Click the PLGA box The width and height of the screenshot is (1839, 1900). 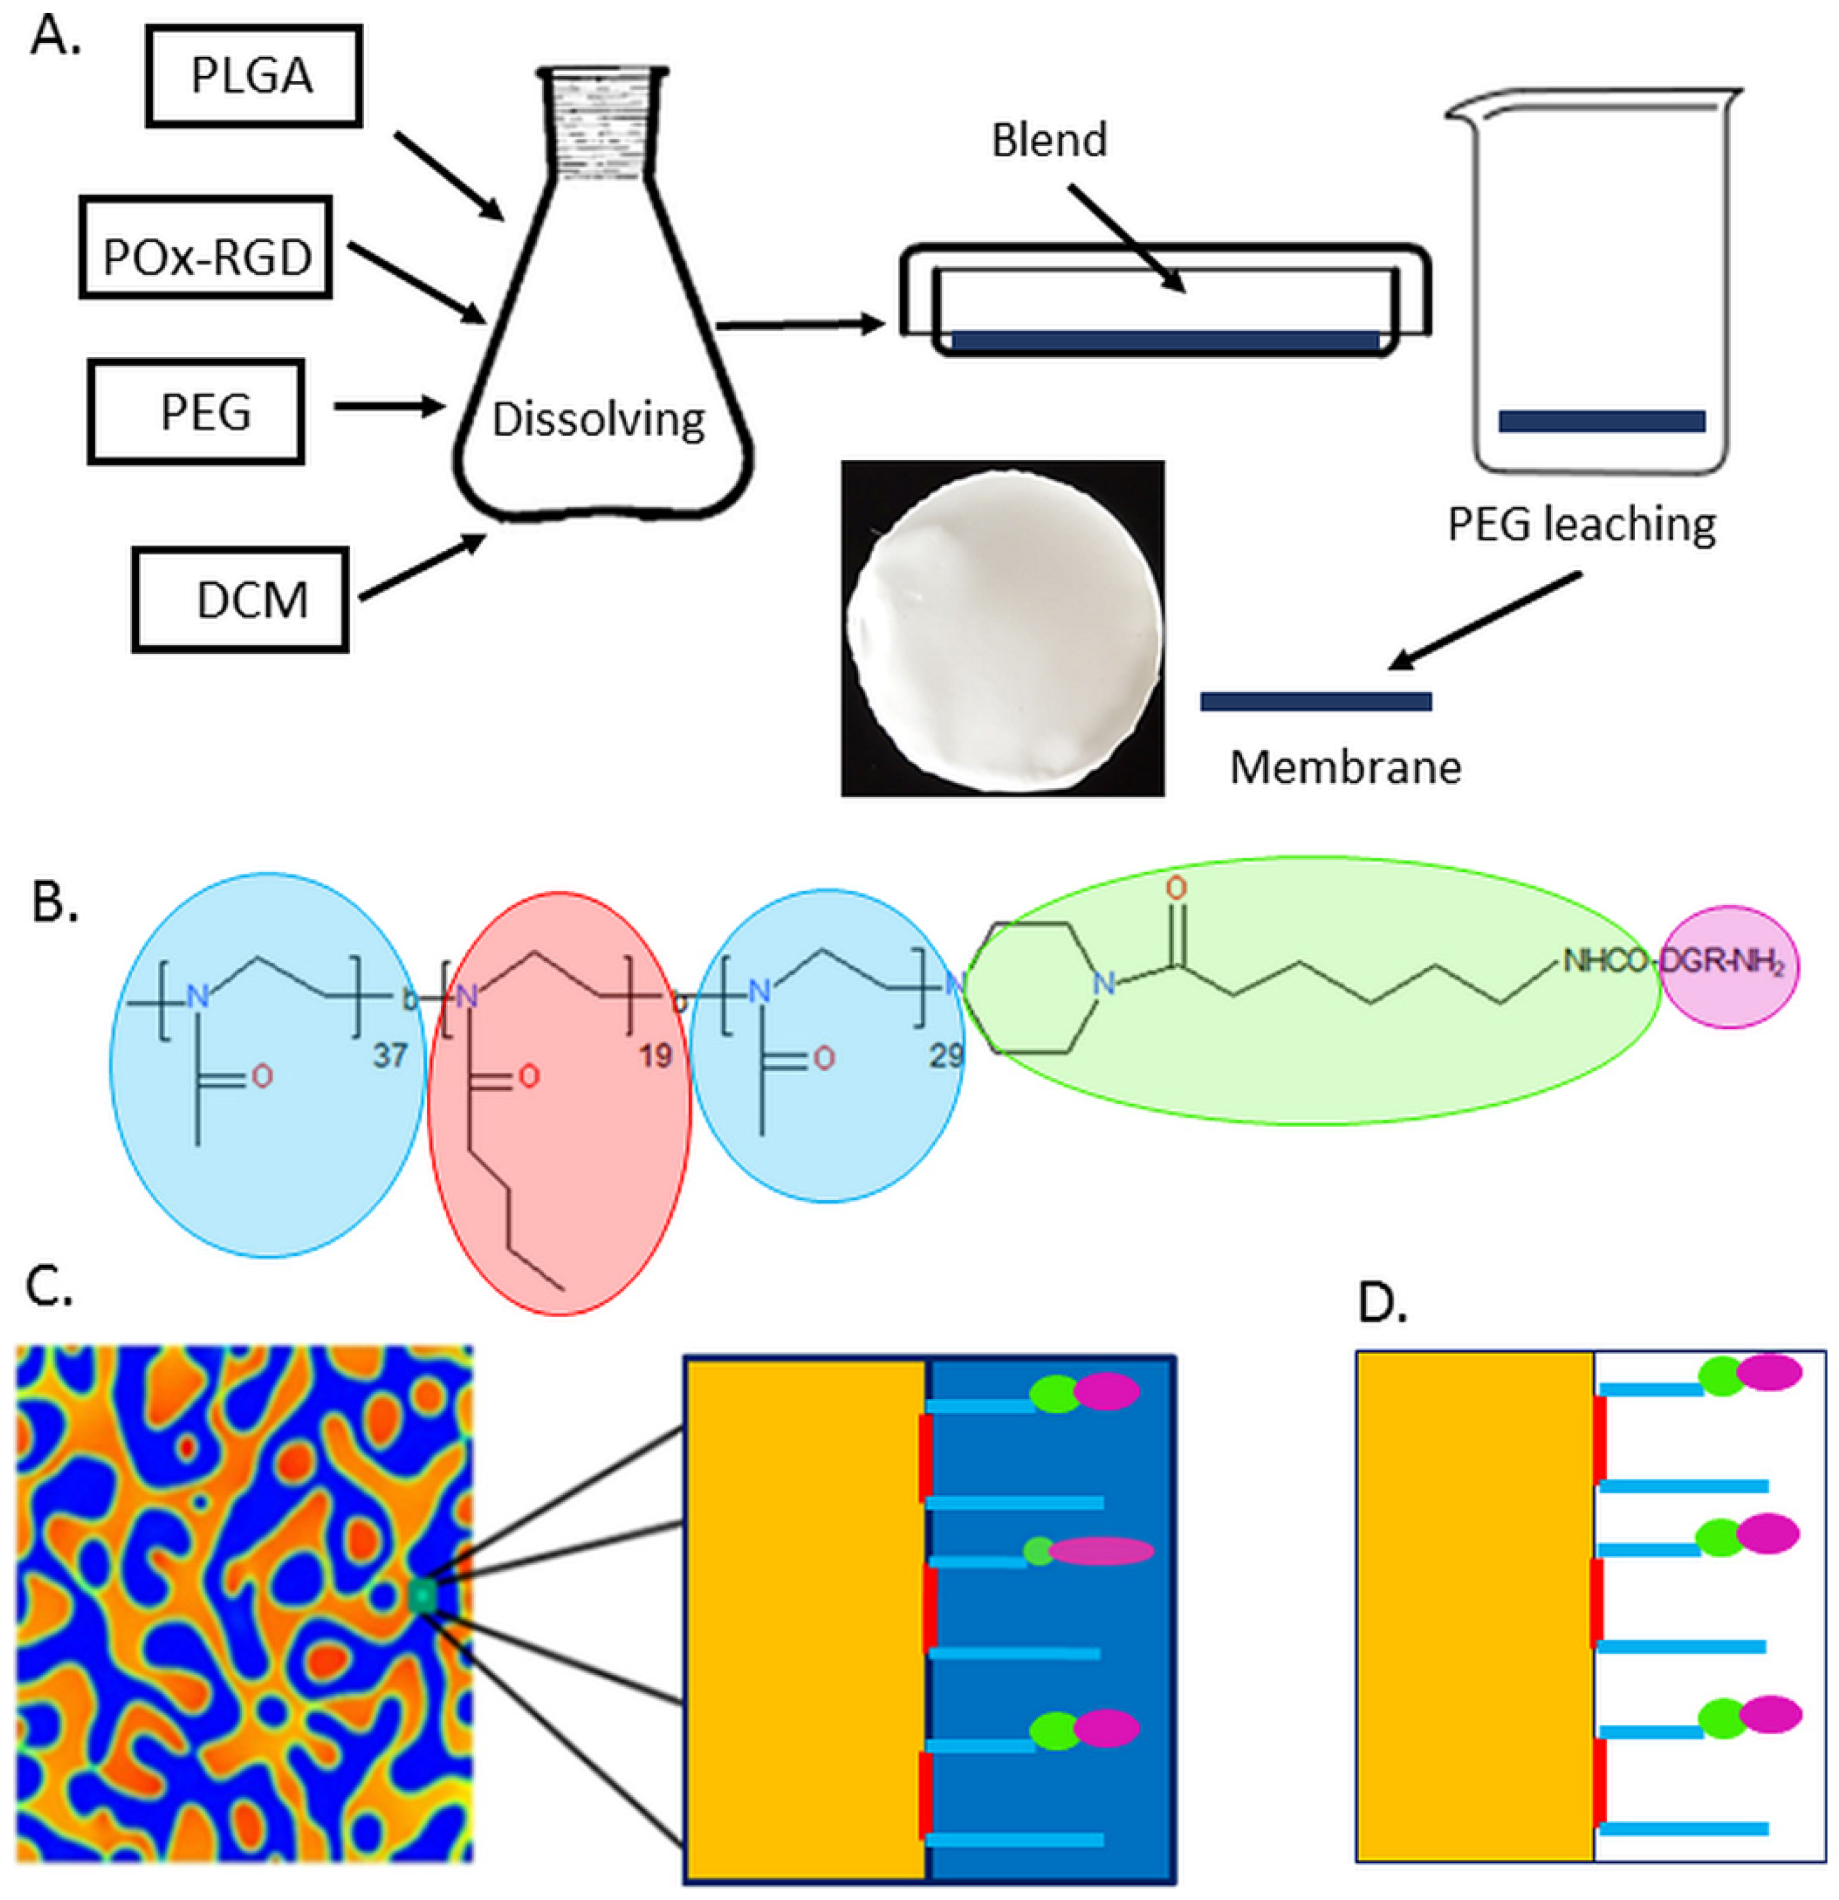tap(254, 75)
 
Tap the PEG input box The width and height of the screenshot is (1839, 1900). tap(196, 411)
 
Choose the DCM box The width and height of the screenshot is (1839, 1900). tap(241, 599)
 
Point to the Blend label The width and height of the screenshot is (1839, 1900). tap(1049, 141)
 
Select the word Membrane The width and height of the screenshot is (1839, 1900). tap(1346, 768)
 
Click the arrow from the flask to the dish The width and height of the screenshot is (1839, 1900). tap(800, 325)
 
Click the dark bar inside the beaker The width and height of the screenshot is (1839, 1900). tap(1602, 421)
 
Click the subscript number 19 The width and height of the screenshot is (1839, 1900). tap(655, 1055)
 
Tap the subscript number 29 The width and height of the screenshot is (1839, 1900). tap(946, 1055)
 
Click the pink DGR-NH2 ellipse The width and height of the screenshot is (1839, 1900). tap(1730, 967)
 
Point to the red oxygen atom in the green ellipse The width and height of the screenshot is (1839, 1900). tap(1176, 888)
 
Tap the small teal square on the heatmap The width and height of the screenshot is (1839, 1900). tap(423, 1595)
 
